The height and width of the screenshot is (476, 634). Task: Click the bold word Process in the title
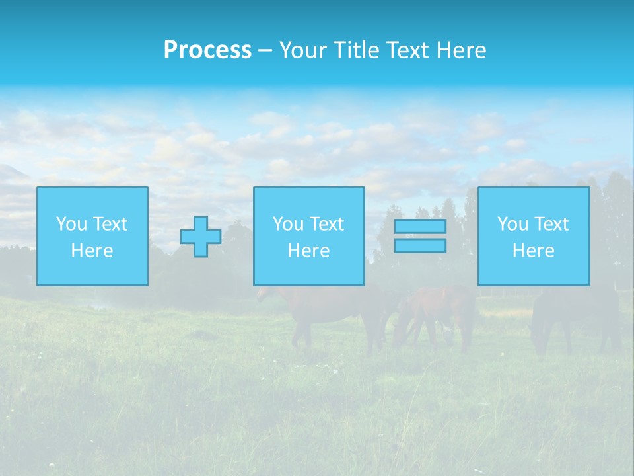(207, 50)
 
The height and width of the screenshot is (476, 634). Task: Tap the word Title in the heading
(355, 50)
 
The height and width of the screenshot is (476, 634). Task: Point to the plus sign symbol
(201, 237)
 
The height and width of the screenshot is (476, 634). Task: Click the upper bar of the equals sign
(420, 227)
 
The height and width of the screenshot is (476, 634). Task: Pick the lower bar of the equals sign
(420, 246)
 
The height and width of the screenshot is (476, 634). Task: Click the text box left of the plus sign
(92, 237)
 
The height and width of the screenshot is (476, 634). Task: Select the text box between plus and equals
(308, 237)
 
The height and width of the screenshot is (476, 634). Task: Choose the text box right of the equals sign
(534, 237)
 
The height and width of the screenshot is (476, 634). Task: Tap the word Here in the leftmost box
(92, 251)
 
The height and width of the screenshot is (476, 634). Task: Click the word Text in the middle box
(326, 224)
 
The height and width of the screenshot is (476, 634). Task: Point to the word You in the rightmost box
(513, 224)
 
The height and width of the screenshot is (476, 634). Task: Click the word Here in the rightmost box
(534, 251)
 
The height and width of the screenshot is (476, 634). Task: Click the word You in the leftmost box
(71, 224)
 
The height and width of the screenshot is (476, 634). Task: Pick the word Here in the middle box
(308, 251)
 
